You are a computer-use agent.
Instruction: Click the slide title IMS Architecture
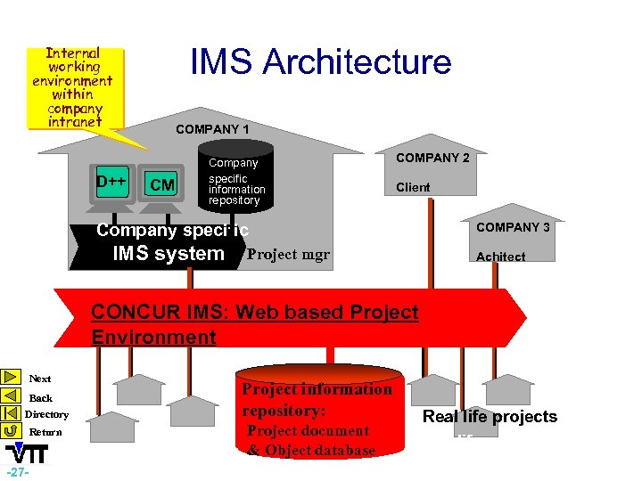tap(321, 62)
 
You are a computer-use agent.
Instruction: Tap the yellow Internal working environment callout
tap(73, 87)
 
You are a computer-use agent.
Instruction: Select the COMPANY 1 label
tap(212, 129)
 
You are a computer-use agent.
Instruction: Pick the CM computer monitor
tap(162, 186)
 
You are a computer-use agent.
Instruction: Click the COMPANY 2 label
tap(432, 158)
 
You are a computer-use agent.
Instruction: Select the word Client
tap(413, 187)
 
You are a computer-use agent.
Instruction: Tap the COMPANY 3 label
tap(513, 227)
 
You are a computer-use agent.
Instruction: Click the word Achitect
tap(500, 257)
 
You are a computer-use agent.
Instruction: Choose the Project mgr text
tap(288, 255)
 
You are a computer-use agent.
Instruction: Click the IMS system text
tap(169, 254)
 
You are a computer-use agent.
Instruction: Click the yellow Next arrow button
tap(11, 378)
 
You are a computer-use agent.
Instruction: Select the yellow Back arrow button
tap(11, 396)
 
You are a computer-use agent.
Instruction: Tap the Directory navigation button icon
tap(11, 413)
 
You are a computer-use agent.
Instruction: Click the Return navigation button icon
tap(11, 431)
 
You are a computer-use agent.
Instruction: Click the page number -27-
tap(18, 471)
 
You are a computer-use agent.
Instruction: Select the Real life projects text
tap(490, 417)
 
